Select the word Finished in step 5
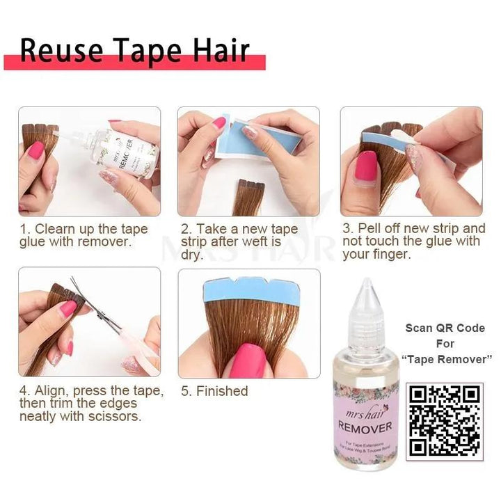(x=222, y=391)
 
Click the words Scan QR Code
(x=445, y=328)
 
